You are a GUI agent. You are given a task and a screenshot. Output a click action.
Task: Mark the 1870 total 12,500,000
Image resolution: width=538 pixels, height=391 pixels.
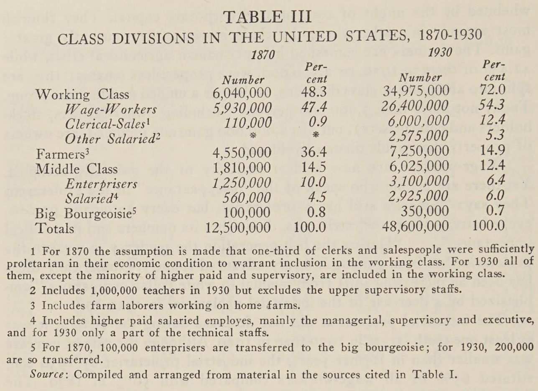pyautogui.click(x=239, y=228)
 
